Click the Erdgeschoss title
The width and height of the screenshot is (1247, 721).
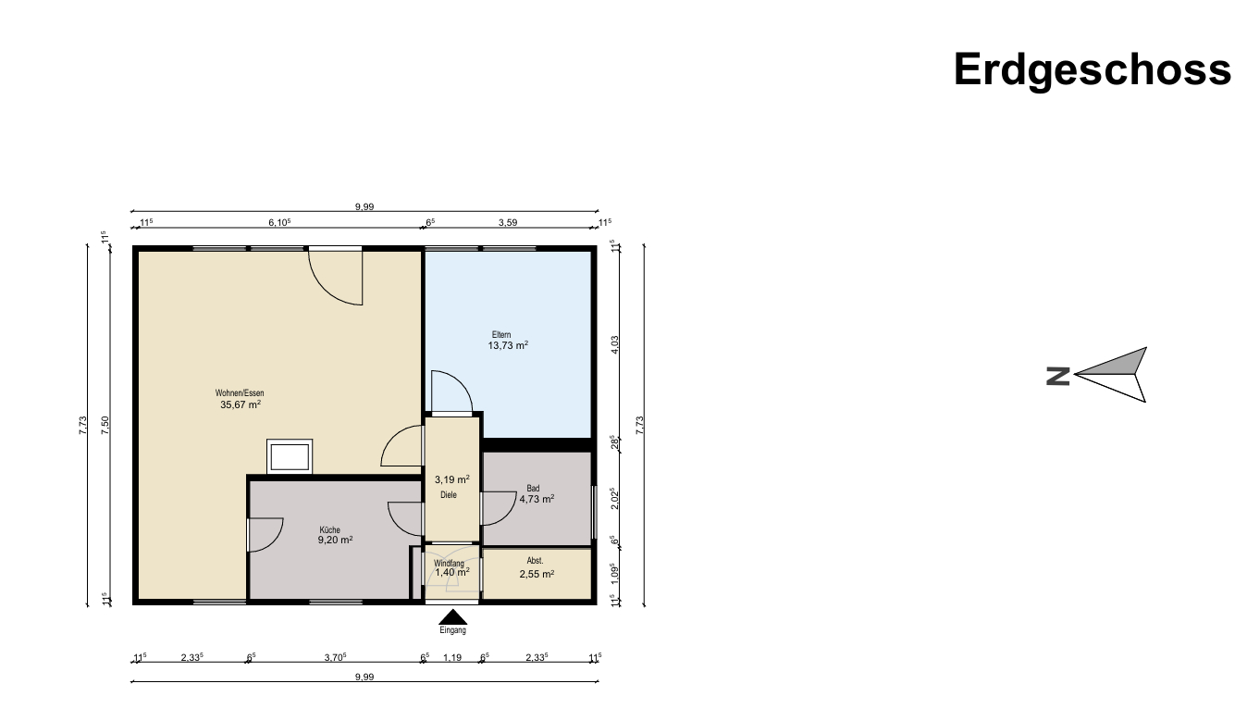(x=1093, y=70)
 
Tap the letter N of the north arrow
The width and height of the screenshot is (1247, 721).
(x=1058, y=376)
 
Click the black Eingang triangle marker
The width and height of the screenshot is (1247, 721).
(x=452, y=616)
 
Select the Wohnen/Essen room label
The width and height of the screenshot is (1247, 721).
(x=240, y=393)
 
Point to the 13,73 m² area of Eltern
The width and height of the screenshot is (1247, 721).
(x=508, y=345)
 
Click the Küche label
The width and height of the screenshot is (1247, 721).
(x=329, y=530)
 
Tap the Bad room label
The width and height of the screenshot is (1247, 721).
(x=533, y=489)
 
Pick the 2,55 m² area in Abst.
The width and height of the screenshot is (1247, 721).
(x=537, y=574)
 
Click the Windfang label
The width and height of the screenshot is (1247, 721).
(x=449, y=564)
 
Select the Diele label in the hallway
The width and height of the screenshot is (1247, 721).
(x=448, y=495)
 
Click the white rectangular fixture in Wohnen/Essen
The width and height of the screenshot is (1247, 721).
(x=290, y=457)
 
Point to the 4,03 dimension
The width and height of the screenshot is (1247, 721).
(x=614, y=344)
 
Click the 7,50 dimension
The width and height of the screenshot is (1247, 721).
(x=105, y=426)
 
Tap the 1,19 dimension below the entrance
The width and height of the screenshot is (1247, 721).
(x=452, y=657)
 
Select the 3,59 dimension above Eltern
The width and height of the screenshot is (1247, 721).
(x=508, y=222)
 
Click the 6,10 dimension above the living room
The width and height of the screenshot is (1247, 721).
(x=279, y=222)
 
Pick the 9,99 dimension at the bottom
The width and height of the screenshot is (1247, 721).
(x=364, y=677)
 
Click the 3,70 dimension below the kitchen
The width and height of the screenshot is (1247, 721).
(x=335, y=657)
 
